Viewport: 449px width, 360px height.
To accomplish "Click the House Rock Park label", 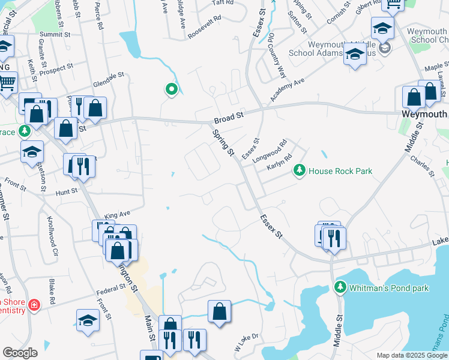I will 340,171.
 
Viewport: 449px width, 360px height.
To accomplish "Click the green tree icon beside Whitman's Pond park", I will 340,288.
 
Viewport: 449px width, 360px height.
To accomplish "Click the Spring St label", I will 223,143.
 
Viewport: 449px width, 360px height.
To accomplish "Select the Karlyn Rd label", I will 279,162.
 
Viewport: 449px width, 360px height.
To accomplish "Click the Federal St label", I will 110,291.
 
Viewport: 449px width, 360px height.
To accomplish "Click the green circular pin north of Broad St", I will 172,90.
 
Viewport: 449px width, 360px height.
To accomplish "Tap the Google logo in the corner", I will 20,352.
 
